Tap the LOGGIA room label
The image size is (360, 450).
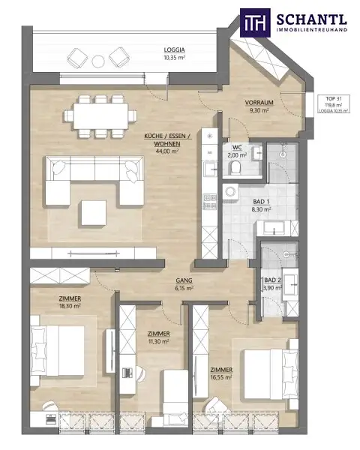pos(175,50)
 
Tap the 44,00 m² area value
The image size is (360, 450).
pos(166,151)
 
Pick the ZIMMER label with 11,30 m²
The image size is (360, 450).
pos(158,334)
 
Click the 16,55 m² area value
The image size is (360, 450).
pos(221,377)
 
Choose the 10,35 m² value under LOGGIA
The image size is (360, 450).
pos(175,58)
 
